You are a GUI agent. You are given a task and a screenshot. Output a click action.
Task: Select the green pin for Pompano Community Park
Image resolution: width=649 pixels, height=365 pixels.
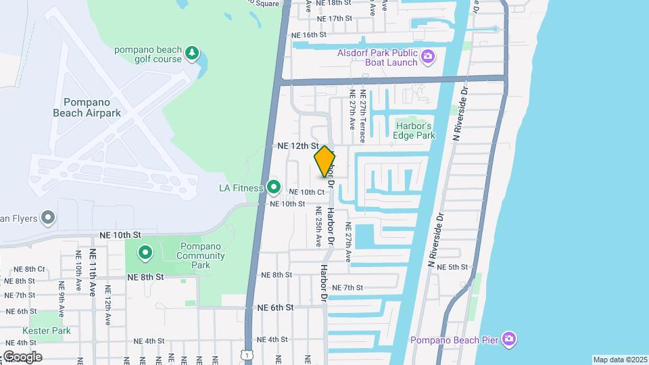[145, 253]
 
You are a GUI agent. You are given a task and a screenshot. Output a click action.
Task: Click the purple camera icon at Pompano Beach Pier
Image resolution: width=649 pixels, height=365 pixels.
[509, 338]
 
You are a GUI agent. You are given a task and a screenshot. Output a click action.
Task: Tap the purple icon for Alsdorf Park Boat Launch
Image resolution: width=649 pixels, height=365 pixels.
[427, 57]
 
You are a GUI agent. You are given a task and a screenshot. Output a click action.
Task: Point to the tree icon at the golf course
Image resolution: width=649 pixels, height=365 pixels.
[193, 53]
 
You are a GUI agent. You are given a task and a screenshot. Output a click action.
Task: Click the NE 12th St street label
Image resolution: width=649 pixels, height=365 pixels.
[297, 145]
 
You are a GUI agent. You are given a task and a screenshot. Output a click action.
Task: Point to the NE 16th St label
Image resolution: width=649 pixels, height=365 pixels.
[308, 34]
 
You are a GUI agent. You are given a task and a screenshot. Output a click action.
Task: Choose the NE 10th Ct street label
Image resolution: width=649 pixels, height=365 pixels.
[307, 193]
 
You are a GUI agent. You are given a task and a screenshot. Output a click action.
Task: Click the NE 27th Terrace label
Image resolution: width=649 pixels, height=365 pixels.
[363, 117]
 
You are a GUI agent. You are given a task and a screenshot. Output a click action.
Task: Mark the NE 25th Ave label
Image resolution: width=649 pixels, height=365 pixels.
[318, 226]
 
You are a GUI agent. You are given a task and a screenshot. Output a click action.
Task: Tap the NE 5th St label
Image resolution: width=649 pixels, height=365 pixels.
[452, 267]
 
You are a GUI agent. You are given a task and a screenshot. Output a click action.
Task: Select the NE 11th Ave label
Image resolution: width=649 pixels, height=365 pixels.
[92, 273]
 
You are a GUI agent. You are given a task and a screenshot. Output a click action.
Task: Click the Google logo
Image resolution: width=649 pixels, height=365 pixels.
[22, 357]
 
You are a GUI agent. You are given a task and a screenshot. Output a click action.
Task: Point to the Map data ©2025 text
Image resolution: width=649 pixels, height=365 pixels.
[619, 360]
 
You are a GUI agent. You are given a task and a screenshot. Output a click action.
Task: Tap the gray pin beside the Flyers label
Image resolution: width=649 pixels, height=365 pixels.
[47, 218]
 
